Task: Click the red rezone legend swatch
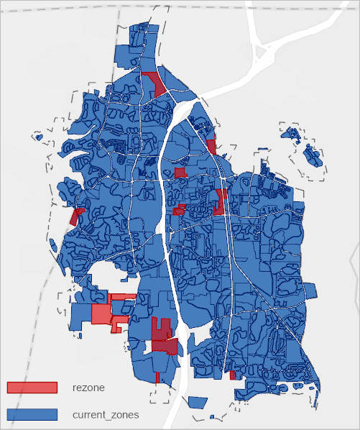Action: pos(32,388)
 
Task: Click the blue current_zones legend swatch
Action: pos(32,415)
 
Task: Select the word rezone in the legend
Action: pos(88,388)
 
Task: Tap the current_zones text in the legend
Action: pos(106,415)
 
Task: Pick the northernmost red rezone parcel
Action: pos(156,81)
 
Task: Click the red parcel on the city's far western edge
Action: pos(75,216)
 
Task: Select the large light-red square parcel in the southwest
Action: pos(101,314)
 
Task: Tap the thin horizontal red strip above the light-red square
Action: pos(121,296)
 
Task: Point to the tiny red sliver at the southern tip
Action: pos(157,377)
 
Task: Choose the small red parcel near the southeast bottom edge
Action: pos(232,375)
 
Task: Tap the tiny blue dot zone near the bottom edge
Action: pos(212,417)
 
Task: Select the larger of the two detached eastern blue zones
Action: pos(313,155)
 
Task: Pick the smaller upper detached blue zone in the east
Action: pos(291,133)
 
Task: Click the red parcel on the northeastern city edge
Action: pos(212,147)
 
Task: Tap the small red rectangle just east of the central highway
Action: pos(180,173)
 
